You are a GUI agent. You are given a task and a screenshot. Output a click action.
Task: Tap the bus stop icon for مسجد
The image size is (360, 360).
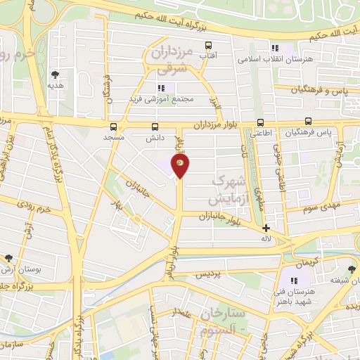coord(114,127)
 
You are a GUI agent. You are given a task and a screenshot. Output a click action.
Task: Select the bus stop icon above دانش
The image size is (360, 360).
coord(155,127)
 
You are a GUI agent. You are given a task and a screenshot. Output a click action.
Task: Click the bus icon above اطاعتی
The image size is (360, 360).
coord(261,122)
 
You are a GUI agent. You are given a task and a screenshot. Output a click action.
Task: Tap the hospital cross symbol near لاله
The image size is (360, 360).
coord(266,228)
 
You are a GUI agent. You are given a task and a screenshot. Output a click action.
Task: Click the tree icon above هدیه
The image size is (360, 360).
coord(55,73)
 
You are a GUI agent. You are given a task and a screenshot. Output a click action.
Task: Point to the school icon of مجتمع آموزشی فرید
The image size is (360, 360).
coord(160,88)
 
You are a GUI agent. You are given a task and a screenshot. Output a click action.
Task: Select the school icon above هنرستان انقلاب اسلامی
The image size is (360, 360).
coord(274,48)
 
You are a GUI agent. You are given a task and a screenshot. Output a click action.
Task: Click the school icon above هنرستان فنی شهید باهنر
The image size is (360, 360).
coord(293,281)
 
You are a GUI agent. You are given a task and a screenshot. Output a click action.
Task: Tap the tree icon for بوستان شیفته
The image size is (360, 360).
coord(352,268)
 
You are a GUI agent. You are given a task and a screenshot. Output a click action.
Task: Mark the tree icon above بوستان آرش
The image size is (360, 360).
coord(8,258)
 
